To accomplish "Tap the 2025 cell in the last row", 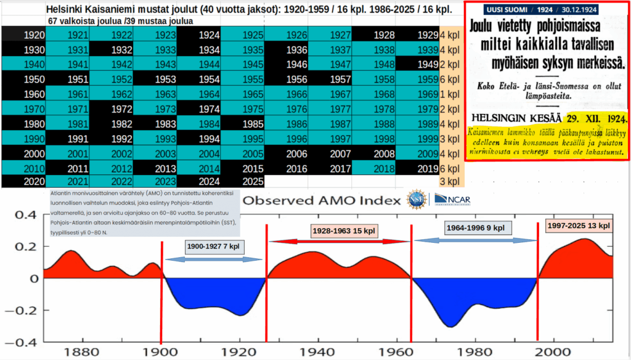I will click(x=243, y=181).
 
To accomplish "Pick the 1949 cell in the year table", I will click(x=418, y=64).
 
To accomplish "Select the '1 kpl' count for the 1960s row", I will click(x=452, y=94).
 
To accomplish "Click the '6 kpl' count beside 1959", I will click(x=452, y=79).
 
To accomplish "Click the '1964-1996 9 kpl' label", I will click(x=474, y=227).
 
